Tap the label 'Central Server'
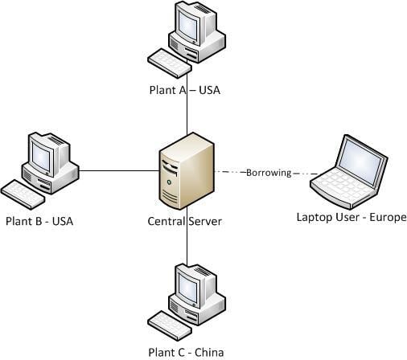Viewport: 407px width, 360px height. pos(185,221)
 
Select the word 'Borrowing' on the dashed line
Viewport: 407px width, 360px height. pos(268,173)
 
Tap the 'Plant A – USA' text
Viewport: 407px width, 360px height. pos(184,90)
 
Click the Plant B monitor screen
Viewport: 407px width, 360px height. pos(41,153)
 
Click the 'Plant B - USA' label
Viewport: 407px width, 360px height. pos(39,221)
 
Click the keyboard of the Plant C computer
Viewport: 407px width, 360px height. pos(170,324)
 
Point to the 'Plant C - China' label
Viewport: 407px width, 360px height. pos(186,352)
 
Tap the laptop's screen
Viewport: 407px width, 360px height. pos(353,157)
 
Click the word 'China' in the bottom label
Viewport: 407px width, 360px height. pos(208,352)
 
